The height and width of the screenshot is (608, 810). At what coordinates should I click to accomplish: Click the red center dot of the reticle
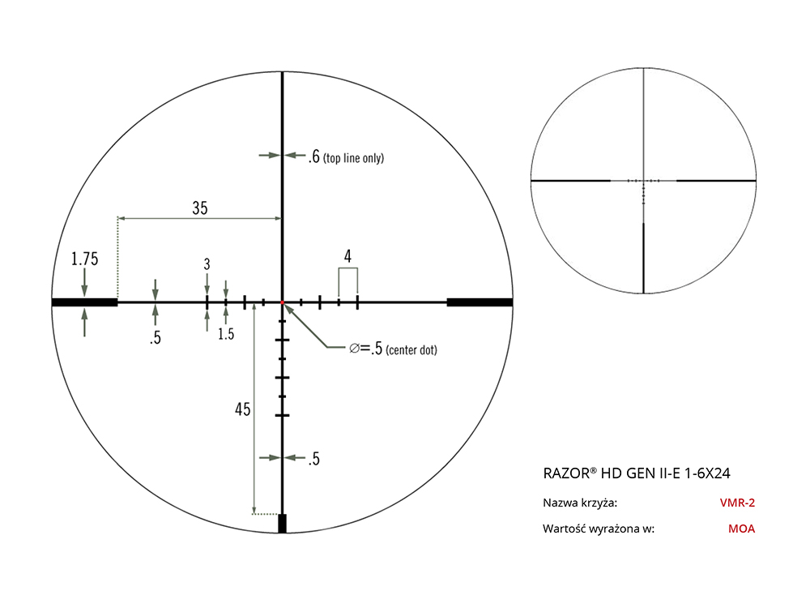tap(282, 302)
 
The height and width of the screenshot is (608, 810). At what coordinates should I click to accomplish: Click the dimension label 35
tap(200, 208)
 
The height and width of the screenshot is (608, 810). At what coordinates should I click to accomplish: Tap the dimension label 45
tap(242, 409)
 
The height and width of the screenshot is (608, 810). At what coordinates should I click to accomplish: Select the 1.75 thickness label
tap(84, 259)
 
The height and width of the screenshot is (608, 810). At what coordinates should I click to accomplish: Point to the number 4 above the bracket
tap(347, 256)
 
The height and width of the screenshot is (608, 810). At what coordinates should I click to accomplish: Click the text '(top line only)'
tap(353, 158)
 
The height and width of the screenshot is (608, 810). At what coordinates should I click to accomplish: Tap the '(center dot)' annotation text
tap(411, 350)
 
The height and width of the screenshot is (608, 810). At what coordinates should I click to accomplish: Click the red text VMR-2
tap(737, 503)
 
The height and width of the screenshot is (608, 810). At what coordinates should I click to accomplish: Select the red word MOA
tap(741, 529)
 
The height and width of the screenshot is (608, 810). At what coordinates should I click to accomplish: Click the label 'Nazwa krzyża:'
tap(580, 503)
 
